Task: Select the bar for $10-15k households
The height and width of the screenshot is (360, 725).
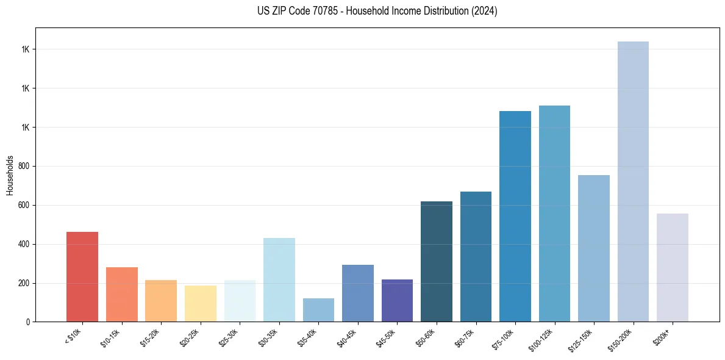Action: [122, 294]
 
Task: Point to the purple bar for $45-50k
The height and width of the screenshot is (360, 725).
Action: [397, 300]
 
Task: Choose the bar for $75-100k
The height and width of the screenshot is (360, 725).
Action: [515, 216]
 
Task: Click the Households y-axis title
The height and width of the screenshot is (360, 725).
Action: [10, 175]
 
